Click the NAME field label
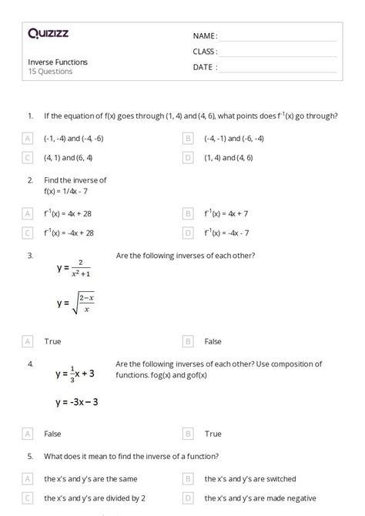(x=205, y=36)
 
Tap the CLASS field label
(x=205, y=52)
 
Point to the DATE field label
(x=204, y=67)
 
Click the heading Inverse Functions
(x=58, y=62)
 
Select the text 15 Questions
(x=50, y=72)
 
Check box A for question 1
(x=28, y=139)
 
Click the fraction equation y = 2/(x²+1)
(x=75, y=267)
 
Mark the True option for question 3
(x=52, y=340)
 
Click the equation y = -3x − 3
(x=76, y=402)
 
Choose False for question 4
(x=53, y=434)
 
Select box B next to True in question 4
(x=188, y=434)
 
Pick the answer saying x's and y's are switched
(x=249, y=478)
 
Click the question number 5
(x=29, y=456)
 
